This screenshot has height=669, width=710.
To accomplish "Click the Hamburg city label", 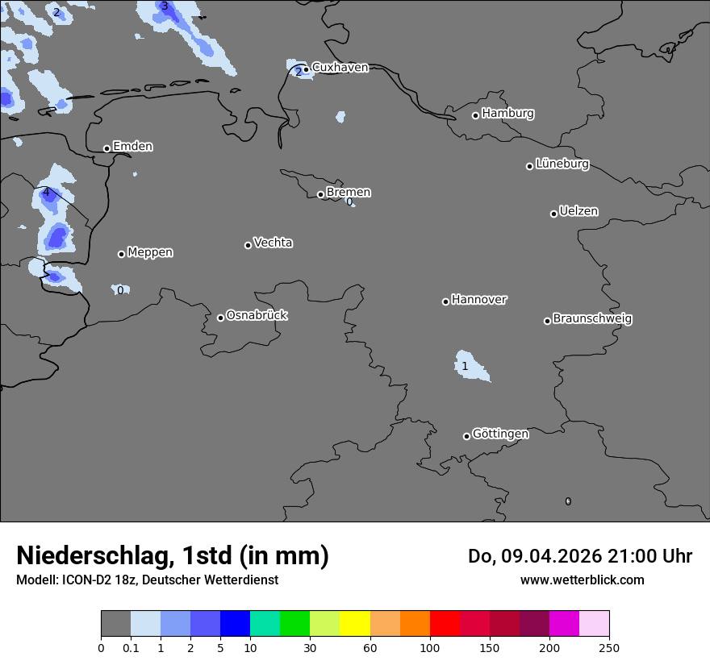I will [x=507, y=114].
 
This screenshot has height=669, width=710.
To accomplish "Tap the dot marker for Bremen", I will [x=320, y=194].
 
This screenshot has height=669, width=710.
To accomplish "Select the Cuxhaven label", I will [x=340, y=68].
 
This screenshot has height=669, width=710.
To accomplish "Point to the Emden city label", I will [x=132, y=147].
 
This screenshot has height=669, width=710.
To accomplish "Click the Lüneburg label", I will [x=562, y=164].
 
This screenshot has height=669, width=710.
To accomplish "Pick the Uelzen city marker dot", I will [x=553, y=214].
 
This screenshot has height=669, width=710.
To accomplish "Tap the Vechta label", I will [x=273, y=243].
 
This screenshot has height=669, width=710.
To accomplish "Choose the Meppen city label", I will [x=150, y=252].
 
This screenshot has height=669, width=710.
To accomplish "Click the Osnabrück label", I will [x=257, y=315].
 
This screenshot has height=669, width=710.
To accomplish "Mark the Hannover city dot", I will [x=445, y=301].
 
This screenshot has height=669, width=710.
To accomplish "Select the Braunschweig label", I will [x=592, y=319].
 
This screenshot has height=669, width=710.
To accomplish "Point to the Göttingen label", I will [x=500, y=434].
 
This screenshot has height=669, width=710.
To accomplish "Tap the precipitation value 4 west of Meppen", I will [x=46, y=193].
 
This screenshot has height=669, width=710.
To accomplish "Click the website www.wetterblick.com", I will [x=582, y=580].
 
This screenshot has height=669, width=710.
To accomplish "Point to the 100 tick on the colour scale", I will [x=429, y=647].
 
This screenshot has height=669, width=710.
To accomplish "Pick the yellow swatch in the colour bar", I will [x=355, y=624].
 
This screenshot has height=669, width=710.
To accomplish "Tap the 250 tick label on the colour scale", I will [x=609, y=647].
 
